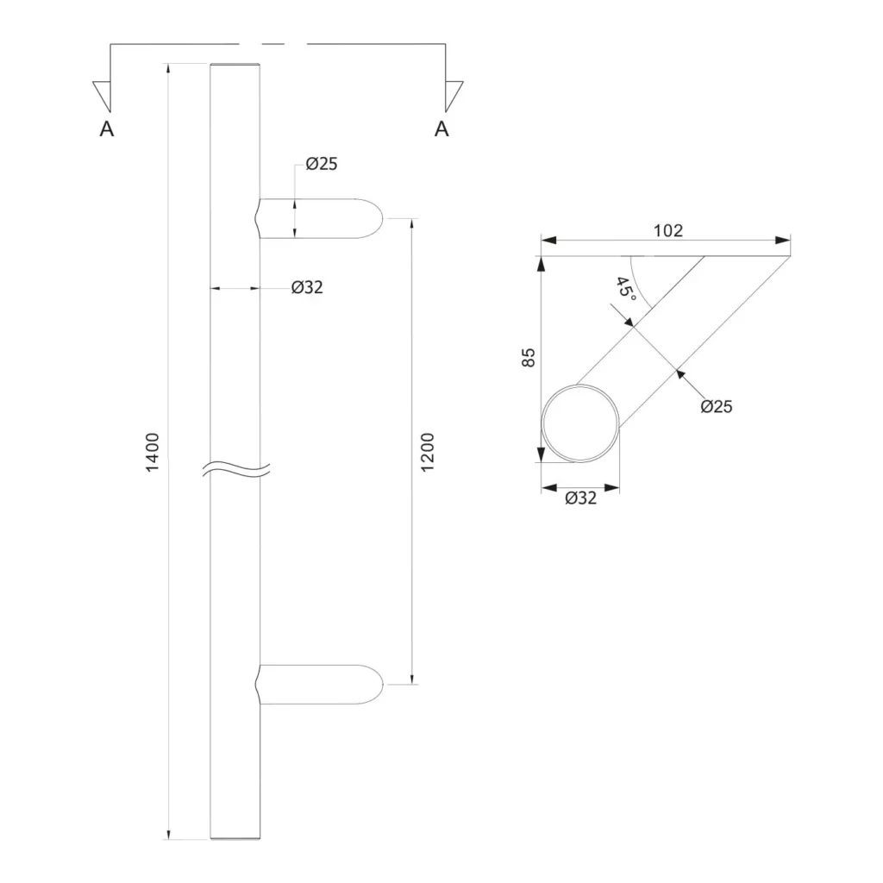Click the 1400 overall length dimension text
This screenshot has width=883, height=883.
(153, 452)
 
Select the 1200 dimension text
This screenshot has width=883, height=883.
(429, 451)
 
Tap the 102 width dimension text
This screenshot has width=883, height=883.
(668, 230)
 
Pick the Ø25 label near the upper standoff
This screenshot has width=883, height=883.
(321, 164)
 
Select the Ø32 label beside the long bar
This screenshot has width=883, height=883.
(307, 288)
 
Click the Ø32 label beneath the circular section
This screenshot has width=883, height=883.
(580, 498)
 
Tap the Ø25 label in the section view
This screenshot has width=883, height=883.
(716, 406)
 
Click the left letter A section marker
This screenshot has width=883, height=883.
(107, 129)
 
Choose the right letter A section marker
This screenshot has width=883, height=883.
(441, 129)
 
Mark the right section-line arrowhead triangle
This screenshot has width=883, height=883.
(452, 94)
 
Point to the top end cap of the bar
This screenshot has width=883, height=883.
(235, 66)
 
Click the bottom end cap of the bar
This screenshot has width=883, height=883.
(235, 837)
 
